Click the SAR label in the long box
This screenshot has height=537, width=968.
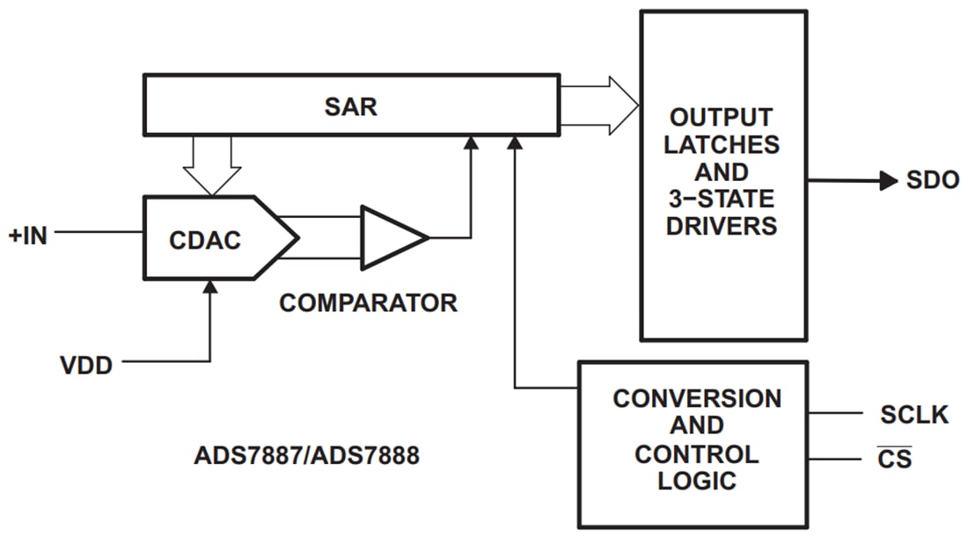pos(350,106)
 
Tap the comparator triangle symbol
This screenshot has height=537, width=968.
pos(390,237)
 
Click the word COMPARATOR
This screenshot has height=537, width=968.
pos(368,303)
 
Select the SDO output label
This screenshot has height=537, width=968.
pos(933,181)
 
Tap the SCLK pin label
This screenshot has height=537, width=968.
pos(914,414)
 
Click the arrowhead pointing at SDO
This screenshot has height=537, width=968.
pos(887,181)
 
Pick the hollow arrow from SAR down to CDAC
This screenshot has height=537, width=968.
pos(210,167)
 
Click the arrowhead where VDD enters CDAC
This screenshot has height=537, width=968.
pos(210,287)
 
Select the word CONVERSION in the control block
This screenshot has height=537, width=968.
pos(697,398)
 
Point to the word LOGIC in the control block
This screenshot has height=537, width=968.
pos(697,481)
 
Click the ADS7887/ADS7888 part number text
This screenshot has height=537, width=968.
pos(306,457)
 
